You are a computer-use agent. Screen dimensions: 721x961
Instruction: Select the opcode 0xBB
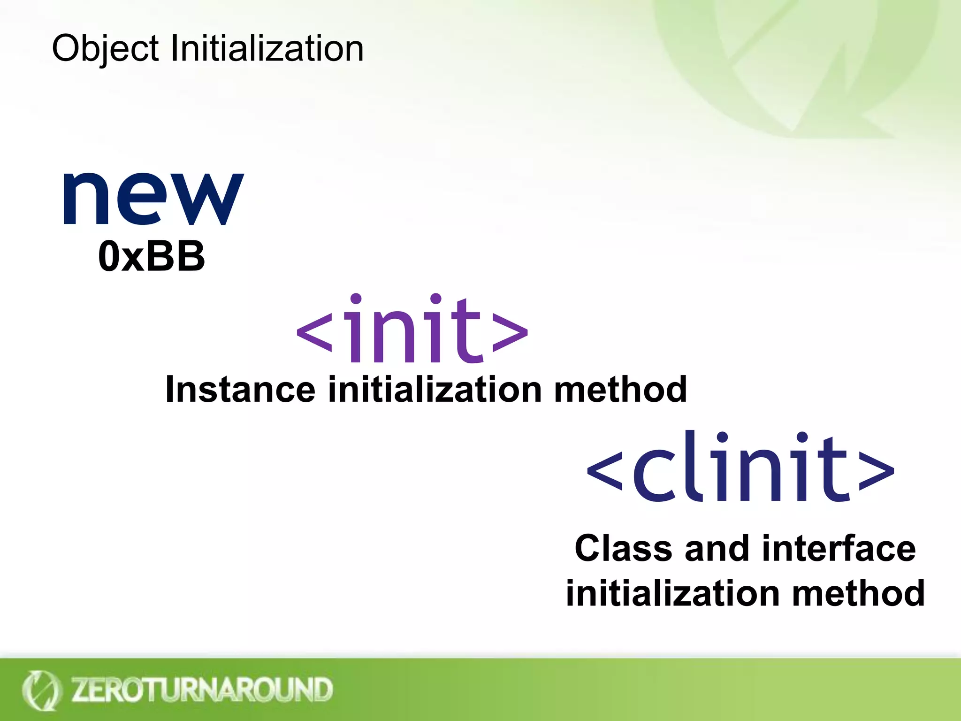(152, 256)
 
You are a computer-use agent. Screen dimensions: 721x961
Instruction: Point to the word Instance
(240, 390)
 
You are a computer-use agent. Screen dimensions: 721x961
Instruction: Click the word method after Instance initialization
(620, 390)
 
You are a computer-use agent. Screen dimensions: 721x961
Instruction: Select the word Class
(623, 548)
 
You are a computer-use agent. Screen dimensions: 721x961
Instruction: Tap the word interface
(839, 548)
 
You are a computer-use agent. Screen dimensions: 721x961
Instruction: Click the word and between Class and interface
(717, 548)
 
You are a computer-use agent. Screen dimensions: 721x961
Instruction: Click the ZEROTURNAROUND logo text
(202, 690)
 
